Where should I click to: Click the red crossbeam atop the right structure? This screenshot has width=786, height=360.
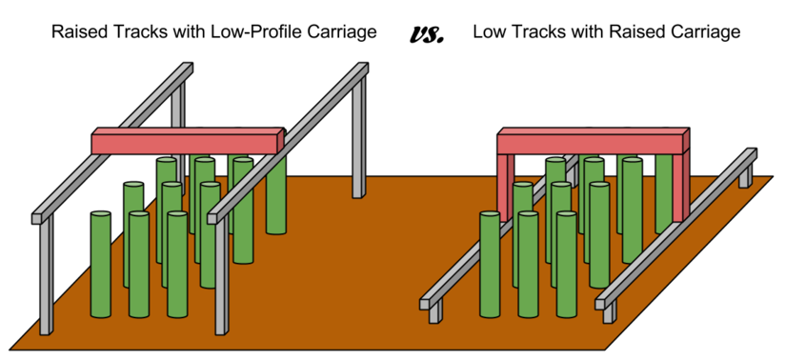click(x=590, y=144)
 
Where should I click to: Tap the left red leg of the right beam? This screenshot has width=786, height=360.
click(x=504, y=186)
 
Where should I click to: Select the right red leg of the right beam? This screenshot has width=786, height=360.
click(x=678, y=186)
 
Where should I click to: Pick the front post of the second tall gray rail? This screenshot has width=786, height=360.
click(x=220, y=281)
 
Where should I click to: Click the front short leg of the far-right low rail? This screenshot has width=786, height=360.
click(x=608, y=313)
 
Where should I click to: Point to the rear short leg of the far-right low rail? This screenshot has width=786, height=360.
click(x=745, y=176)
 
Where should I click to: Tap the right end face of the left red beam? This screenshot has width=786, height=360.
click(x=280, y=142)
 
